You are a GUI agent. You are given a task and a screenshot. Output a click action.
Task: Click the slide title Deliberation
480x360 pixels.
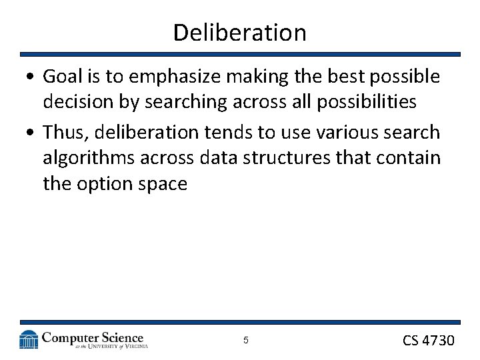click(x=239, y=32)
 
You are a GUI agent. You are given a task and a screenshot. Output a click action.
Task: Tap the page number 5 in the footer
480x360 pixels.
click(x=245, y=341)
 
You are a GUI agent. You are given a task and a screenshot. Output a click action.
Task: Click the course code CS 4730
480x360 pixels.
click(x=428, y=341)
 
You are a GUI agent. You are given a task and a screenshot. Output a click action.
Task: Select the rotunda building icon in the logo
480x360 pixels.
click(x=29, y=339)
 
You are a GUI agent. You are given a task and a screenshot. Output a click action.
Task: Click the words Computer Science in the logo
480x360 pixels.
click(x=93, y=337)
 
